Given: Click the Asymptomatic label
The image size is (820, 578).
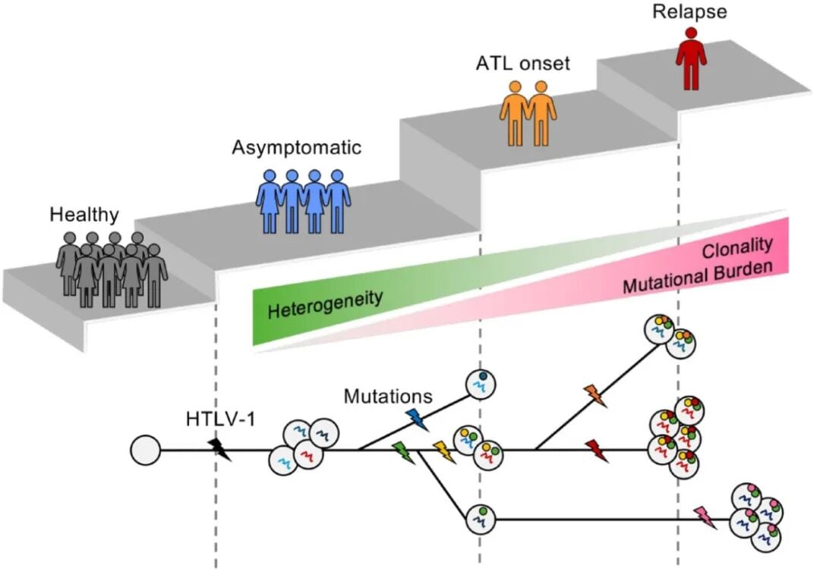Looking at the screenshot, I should pyautogui.click(x=296, y=147).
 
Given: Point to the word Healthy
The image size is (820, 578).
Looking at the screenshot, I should pyautogui.click(x=84, y=215).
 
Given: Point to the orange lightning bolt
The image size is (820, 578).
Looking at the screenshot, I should pyautogui.click(x=594, y=396).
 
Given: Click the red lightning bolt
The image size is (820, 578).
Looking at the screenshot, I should pyautogui.click(x=596, y=450).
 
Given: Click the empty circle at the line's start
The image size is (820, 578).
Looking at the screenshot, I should pyautogui.click(x=145, y=451).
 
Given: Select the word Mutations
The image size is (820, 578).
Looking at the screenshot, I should pyautogui.click(x=387, y=396).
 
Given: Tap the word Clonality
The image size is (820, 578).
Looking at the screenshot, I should pyautogui.click(x=736, y=246).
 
